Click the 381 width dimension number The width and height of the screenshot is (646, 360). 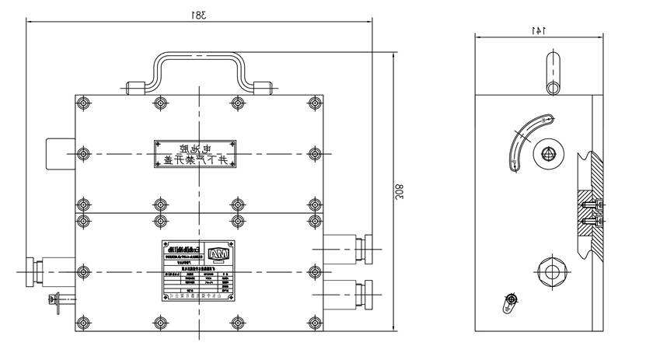(200, 15)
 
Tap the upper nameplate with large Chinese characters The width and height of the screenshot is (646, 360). (200, 153)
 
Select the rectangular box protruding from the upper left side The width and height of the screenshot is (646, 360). (61, 152)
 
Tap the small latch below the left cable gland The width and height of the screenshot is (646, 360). (58, 302)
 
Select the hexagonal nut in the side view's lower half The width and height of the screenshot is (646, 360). (552, 272)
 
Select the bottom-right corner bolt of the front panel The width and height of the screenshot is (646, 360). (315, 320)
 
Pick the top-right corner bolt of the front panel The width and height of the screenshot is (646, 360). (315, 103)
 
